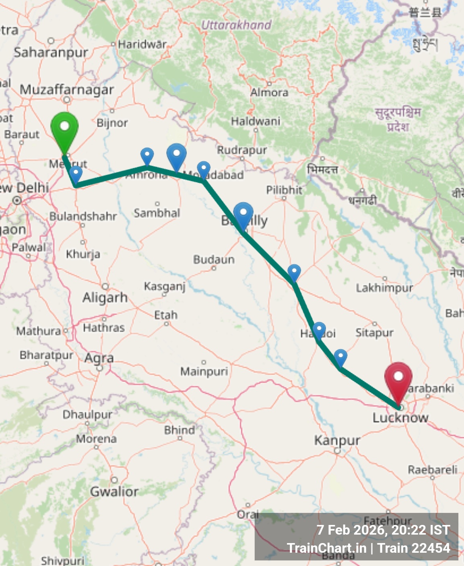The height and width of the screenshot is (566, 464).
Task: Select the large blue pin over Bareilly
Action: tap(243, 214)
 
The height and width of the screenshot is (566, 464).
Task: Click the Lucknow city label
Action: tap(400, 418)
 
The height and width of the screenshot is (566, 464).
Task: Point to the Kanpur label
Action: tap(337, 440)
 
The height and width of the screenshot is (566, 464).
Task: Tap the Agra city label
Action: tap(99, 358)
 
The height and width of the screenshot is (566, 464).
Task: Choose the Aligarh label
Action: tap(105, 298)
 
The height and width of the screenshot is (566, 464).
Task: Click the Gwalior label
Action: tap(114, 492)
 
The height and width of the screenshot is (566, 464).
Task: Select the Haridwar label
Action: tap(142, 44)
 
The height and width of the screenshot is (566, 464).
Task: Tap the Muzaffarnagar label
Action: tap(67, 90)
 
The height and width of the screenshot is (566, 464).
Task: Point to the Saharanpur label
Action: tap(51, 52)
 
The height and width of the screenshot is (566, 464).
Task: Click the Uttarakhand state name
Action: tap(236, 25)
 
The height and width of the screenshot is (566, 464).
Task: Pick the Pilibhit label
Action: tap(284, 190)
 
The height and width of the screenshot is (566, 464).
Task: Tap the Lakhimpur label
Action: tap(384, 288)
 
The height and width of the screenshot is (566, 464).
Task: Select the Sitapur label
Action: tap(374, 333)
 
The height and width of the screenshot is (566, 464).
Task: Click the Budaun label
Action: tap(214, 260)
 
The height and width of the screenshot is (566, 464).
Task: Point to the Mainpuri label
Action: tap(204, 371)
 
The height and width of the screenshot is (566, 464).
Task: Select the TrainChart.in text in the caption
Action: tap(326, 548)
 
